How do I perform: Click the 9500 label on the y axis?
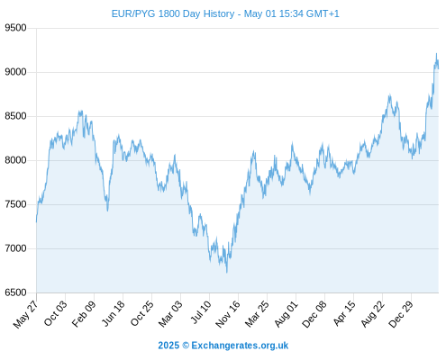click(15, 28)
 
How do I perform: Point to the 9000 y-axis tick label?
click(15, 72)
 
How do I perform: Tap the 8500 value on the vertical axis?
click(15, 116)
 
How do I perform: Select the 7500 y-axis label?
click(15, 204)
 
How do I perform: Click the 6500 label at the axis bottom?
click(15, 292)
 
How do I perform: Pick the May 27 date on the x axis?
click(26, 314)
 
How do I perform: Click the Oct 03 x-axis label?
click(55, 313)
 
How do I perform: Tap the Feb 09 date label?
click(84, 313)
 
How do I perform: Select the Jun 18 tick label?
click(113, 313)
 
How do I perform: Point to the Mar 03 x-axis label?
click(170, 313)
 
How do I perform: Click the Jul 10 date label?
click(201, 312)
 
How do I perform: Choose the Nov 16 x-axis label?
click(228, 314)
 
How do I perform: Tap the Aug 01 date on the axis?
click(287, 313)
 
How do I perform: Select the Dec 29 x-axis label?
click(401, 314)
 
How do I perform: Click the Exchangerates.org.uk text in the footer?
click(240, 346)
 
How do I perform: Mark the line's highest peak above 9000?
click(436, 54)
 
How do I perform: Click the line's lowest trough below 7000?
click(227, 272)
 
